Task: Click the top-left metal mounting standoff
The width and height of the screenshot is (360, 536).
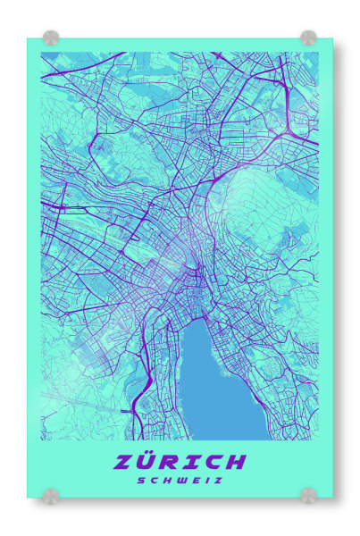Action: pyautogui.click(x=51, y=38)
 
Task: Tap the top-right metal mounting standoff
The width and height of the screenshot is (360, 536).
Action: pyautogui.click(x=308, y=38)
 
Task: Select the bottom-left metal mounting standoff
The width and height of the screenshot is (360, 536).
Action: pyautogui.click(x=51, y=495)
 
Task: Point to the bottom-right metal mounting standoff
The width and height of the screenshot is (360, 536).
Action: pyautogui.click(x=308, y=495)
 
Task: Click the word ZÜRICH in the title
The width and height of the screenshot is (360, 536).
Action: pyautogui.click(x=180, y=462)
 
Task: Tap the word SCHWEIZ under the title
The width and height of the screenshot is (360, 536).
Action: pyautogui.click(x=180, y=480)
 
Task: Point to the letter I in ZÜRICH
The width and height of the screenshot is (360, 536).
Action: pyautogui.click(x=188, y=462)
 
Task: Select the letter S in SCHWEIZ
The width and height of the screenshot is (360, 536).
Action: pyautogui.click(x=140, y=480)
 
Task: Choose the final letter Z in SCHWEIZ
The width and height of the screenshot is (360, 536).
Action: pyautogui.click(x=219, y=480)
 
